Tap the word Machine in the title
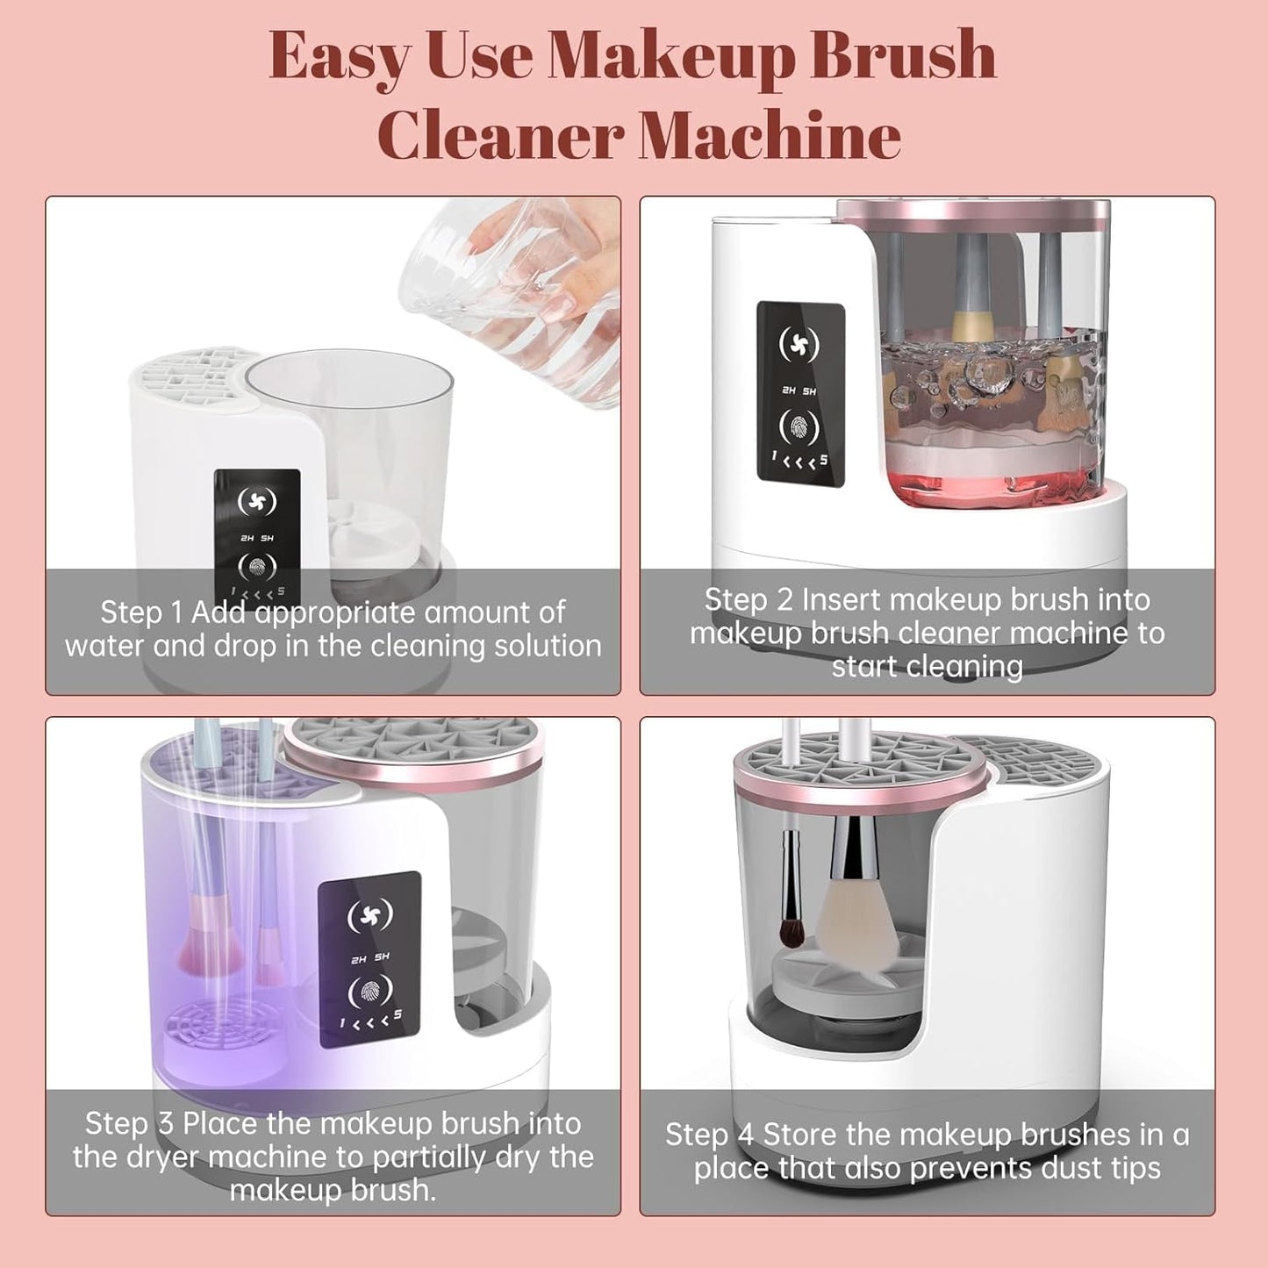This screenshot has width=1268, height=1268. tap(770, 136)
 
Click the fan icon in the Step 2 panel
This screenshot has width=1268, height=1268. tap(799, 345)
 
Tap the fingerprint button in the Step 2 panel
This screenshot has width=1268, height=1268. tap(799, 428)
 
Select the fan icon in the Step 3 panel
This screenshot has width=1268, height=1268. tap(369, 915)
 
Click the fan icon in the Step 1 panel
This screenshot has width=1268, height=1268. tap(257, 502)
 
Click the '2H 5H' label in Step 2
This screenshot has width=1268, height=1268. tap(799, 390)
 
